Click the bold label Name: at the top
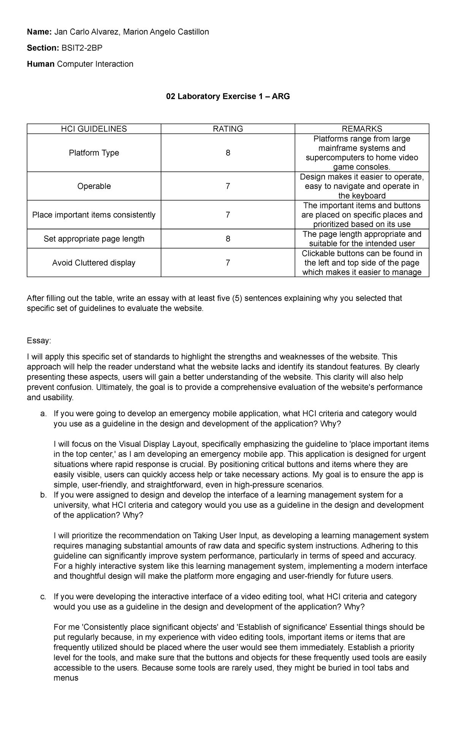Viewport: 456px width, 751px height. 39,32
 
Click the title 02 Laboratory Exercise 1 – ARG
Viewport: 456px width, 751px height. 228,97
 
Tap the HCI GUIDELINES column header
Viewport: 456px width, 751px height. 94,129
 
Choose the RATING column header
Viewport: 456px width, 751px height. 228,129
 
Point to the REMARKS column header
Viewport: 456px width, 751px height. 362,129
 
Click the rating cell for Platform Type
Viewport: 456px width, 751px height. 228,153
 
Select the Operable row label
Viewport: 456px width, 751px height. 94,186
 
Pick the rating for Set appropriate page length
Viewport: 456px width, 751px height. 228,239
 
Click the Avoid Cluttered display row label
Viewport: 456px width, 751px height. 94,263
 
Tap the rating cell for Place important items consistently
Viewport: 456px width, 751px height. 228,215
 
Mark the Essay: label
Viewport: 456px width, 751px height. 38,341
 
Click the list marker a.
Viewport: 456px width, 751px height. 43,414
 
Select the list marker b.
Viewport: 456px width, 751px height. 43,495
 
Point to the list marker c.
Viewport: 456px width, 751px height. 43,597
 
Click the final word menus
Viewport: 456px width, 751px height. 66,678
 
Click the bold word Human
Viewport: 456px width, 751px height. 41,64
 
